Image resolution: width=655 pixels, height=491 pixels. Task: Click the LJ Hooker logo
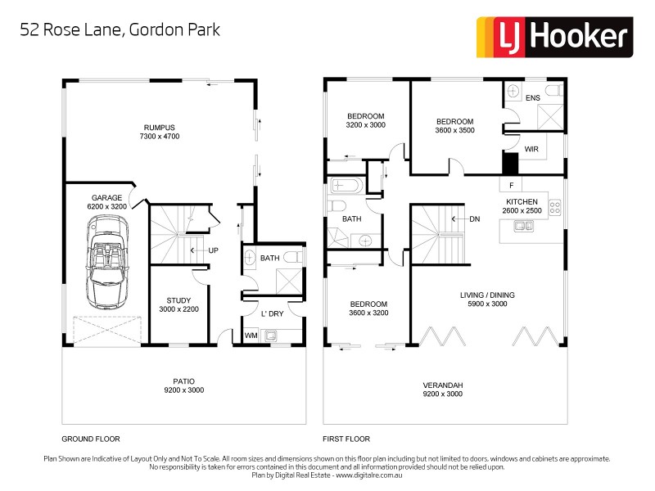click(x=554, y=35)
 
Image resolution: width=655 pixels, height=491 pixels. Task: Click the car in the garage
click(x=106, y=268)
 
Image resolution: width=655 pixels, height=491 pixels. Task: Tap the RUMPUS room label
click(x=161, y=131)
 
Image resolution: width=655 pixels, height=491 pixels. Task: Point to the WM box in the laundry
click(x=251, y=335)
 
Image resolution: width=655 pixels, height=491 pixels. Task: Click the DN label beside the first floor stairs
click(x=474, y=218)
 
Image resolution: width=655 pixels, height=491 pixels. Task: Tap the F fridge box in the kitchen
click(x=511, y=185)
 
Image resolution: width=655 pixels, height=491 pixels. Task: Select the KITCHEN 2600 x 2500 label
click(x=522, y=206)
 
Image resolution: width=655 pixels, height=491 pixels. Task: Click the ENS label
click(x=533, y=98)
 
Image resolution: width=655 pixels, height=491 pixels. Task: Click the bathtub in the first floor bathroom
click(x=346, y=186)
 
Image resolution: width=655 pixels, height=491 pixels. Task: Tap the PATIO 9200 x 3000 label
click(x=183, y=385)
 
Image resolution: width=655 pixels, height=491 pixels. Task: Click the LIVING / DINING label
click(x=486, y=300)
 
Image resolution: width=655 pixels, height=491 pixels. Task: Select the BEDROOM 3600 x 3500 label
click(x=454, y=125)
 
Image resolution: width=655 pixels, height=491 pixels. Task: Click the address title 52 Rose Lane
click(x=120, y=29)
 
